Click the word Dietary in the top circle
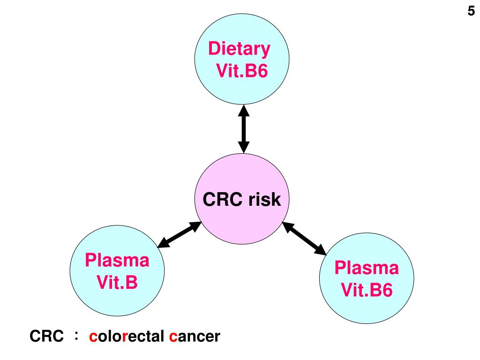(x=239, y=48)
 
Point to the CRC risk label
(x=241, y=200)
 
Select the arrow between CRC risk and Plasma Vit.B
(x=179, y=234)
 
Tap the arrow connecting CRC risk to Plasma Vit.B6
(x=304, y=239)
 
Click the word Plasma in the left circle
(x=117, y=260)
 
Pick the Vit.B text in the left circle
(x=117, y=282)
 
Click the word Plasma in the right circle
(x=366, y=268)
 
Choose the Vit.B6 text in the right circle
(x=366, y=291)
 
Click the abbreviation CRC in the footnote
(x=46, y=336)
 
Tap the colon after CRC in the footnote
(x=76, y=335)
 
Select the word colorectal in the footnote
(x=127, y=336)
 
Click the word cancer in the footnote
(x=194, y=336)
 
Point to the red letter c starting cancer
(x=172, y=337)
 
